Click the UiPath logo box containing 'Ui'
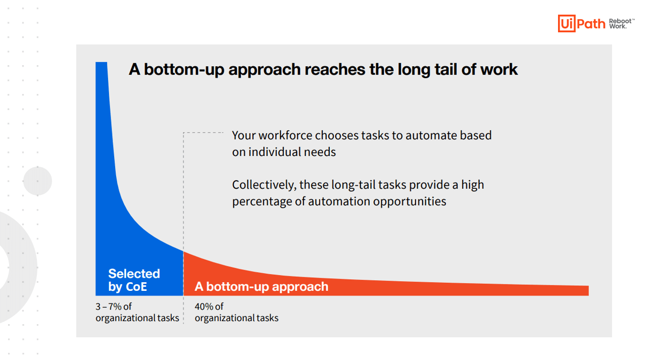coord(567,23)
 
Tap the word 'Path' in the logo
coord(591,24)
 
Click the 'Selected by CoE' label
coord(134,280)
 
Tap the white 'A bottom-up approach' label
coord(262,286)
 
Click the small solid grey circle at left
coord(37,181)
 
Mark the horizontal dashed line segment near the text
coord(203,133)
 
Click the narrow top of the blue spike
coord(102,63)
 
